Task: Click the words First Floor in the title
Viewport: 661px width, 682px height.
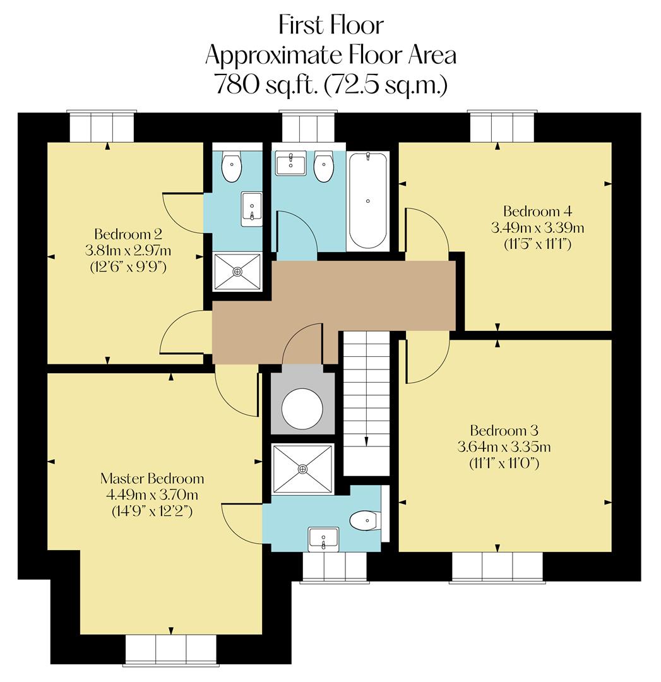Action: point(330,25)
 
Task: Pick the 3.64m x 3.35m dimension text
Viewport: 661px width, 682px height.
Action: point(503,447)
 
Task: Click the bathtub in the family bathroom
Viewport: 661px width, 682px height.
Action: point(368,200)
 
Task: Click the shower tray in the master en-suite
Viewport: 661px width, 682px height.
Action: point(302,469)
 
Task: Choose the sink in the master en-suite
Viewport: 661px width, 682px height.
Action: point(323,539)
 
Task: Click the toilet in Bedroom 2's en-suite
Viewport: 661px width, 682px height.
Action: point(231,168)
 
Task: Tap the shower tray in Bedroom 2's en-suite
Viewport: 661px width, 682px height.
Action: point(237,272)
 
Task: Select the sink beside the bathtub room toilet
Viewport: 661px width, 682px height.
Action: point(290,164)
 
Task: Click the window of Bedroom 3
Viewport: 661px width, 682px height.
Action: point(497,566)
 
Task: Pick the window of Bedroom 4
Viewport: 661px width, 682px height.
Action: point(501,126)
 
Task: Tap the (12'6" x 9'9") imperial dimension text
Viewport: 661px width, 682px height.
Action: point(128,266)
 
